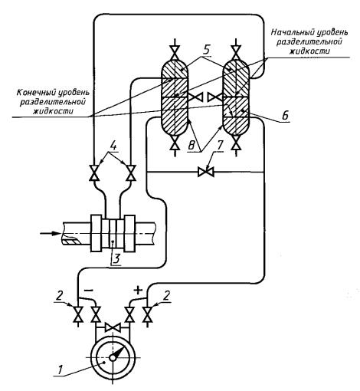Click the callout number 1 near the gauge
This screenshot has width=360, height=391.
click(61, 370)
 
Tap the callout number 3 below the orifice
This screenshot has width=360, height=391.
click(116, 259)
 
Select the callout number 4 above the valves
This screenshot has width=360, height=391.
click(113, 146)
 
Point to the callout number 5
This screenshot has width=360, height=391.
click(207, 49)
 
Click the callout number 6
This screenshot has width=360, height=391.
click(285, 116)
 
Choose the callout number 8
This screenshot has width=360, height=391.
click(191, 146)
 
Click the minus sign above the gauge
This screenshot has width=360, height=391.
click(89, 291)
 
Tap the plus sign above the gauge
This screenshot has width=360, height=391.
click(138, 290)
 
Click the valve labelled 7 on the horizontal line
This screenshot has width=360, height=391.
click(206, 172)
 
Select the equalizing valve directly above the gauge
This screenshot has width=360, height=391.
click(113, 327)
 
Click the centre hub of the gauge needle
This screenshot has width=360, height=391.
click(113, 358)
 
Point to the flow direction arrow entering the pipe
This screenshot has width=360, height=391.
click(50, 233)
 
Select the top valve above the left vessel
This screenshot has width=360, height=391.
click(175, 52)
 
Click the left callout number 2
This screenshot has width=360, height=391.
click(59, 297)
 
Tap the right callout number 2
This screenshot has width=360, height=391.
click(166, 297)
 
